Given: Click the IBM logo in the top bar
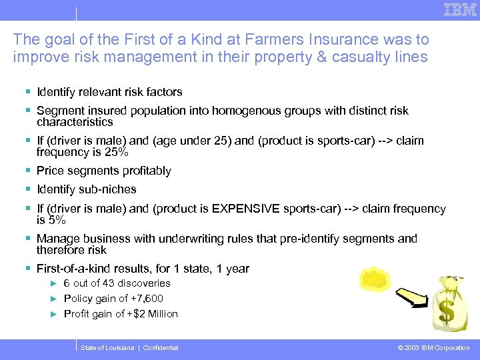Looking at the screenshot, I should [x=459, y=9].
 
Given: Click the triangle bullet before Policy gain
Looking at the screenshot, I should [x=55, y=299].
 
